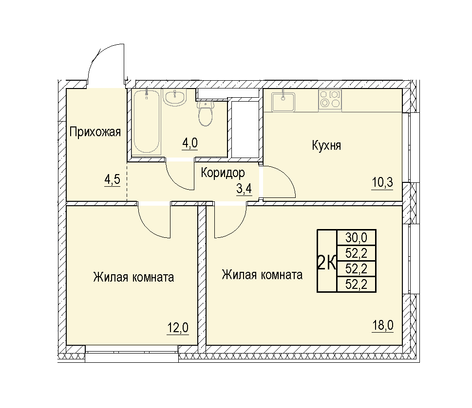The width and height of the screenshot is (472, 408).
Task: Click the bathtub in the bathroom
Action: (146, 122)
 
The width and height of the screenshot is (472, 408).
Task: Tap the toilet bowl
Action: (206, 114)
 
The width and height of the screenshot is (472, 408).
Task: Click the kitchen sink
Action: (283, 102)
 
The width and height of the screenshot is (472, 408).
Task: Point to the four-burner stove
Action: (330, 100)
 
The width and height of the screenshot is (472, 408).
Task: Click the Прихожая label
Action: (95, 132)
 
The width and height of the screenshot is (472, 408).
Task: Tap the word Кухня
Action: (326, 145)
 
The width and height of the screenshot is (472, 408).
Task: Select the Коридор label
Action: (223, 173)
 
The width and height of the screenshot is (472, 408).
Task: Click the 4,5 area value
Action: (113, 179)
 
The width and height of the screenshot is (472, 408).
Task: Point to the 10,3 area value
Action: (382, 182)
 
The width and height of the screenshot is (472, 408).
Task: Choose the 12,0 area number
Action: (178, 327)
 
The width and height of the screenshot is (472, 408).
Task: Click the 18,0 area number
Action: (382, 325)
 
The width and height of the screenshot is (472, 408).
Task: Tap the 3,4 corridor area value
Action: (244, 189)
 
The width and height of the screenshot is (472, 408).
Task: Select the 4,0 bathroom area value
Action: (190, 143)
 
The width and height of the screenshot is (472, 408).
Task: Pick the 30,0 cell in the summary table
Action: (356, 238)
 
